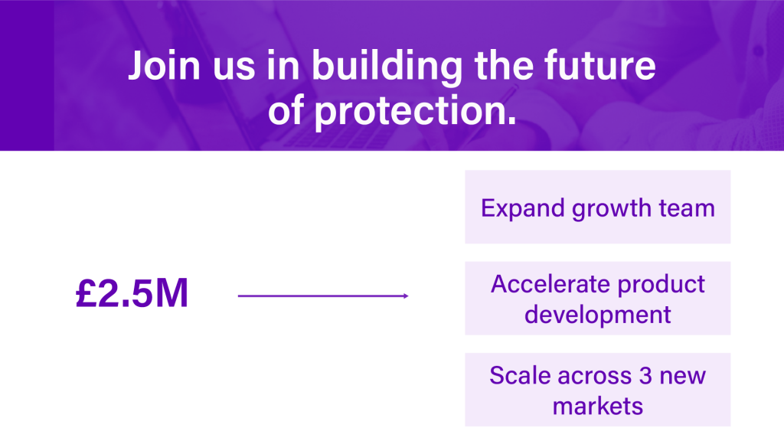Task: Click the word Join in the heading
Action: pyautogui.click(x=164, y=66)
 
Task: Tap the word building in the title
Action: pyautogui.click(x=387, y=67)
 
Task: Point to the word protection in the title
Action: pyautogui.click(x=415, y=111)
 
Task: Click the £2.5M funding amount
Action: pyautogui.click(x=132, y=293)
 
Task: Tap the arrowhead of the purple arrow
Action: pyautogui.click(x=406, y=296)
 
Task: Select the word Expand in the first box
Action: pyautogui.click(x=522, y=208)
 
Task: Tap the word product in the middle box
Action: pyautogui.click(x=661, y=286)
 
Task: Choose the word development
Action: pyautogui.click(x=597, y=315)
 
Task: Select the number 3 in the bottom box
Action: pyautogui.click(x=645, y=375)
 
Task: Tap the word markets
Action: pyautogui.click(x=597, y=407)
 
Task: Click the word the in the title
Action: pyautogui.click(x=503, y=66)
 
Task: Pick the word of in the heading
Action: pyautogui.click(x=286, y=109)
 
